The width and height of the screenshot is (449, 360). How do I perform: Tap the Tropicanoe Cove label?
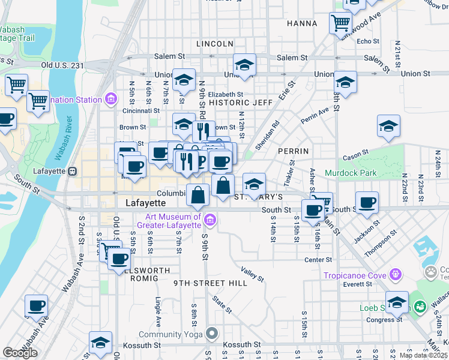[x=355, y=275]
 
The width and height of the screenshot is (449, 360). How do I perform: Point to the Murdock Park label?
[x=351, y=173]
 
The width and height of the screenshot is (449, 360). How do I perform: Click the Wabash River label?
[x=63, y=139]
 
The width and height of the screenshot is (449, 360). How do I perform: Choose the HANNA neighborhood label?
[x=301, y=23]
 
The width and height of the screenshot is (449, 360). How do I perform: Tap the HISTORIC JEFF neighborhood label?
[x=240, y=103]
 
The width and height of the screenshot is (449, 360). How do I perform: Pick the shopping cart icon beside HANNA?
[x=340, y=23]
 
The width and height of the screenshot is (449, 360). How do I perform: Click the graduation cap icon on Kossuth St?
[x=100, y=343]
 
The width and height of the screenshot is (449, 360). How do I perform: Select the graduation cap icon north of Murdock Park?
[x=388, y=126]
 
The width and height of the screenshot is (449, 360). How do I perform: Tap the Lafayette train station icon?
[x=73, y=171]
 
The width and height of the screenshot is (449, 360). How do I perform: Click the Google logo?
[x=20, y=353]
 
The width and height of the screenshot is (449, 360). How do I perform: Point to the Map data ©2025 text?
[x=423, y=355]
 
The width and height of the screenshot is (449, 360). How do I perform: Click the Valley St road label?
[x=252, y=275]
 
